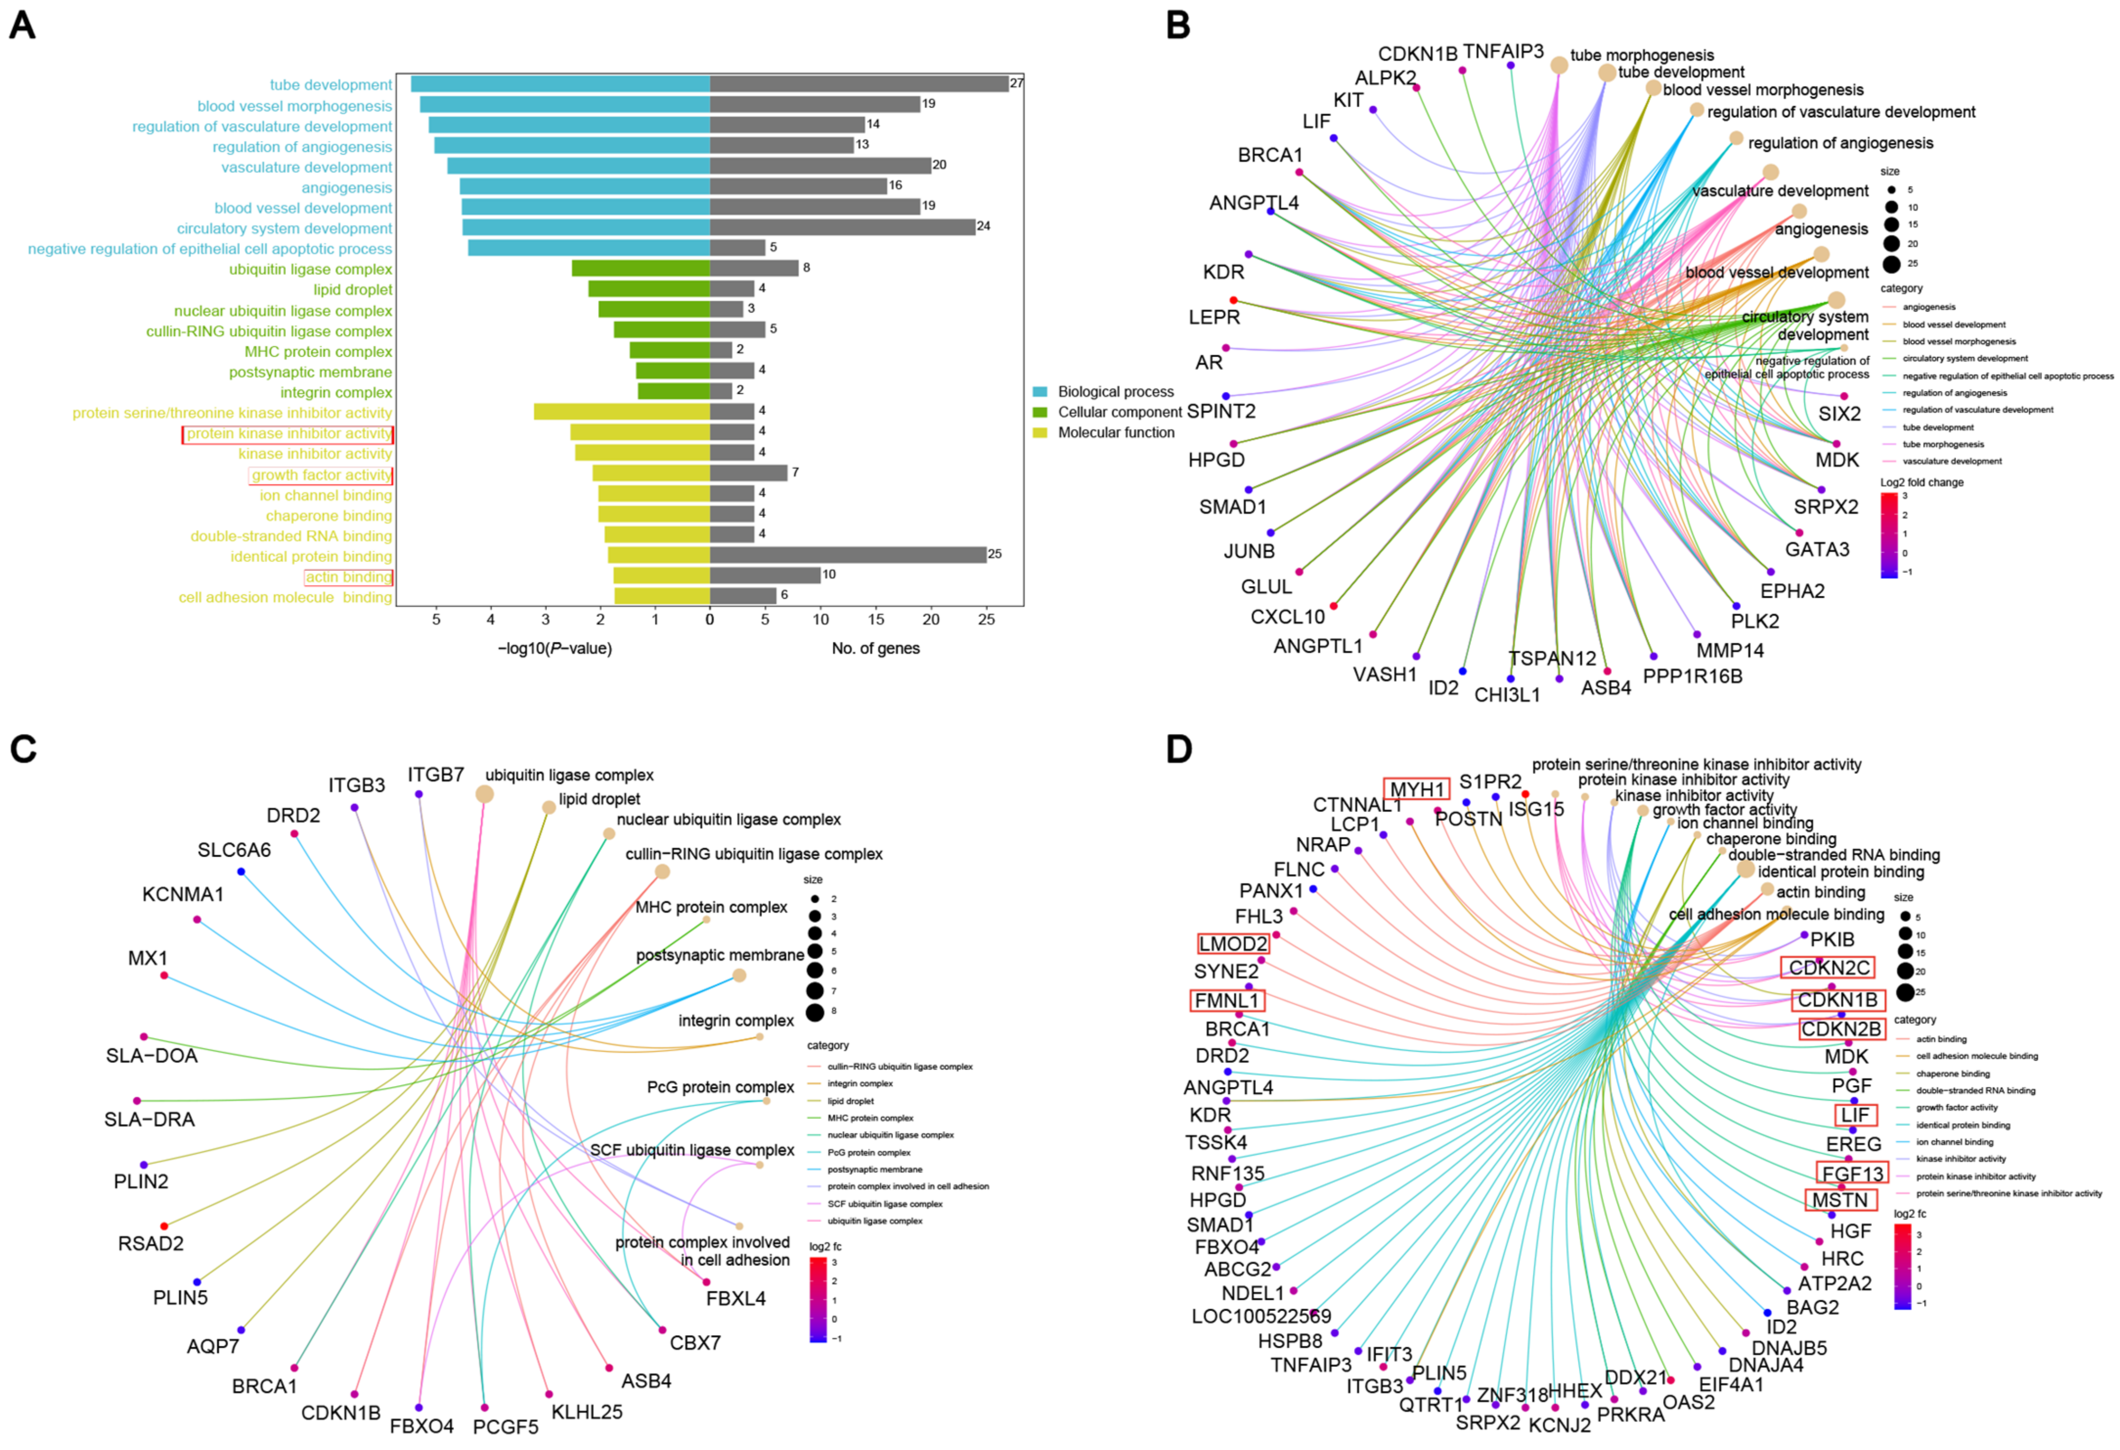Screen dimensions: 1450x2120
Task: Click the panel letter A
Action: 22,24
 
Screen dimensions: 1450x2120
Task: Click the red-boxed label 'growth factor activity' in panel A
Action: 321,475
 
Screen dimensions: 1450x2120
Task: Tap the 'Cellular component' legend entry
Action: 1118,411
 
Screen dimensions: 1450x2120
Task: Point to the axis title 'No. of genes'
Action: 875,648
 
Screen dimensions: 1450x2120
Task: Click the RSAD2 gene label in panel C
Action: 151,1243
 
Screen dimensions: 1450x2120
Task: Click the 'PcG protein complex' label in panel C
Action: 720,1087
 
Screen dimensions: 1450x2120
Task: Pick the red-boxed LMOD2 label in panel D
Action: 1233,944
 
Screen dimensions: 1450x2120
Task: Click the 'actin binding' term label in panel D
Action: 1820,891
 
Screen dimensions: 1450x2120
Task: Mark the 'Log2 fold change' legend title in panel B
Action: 1921,482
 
